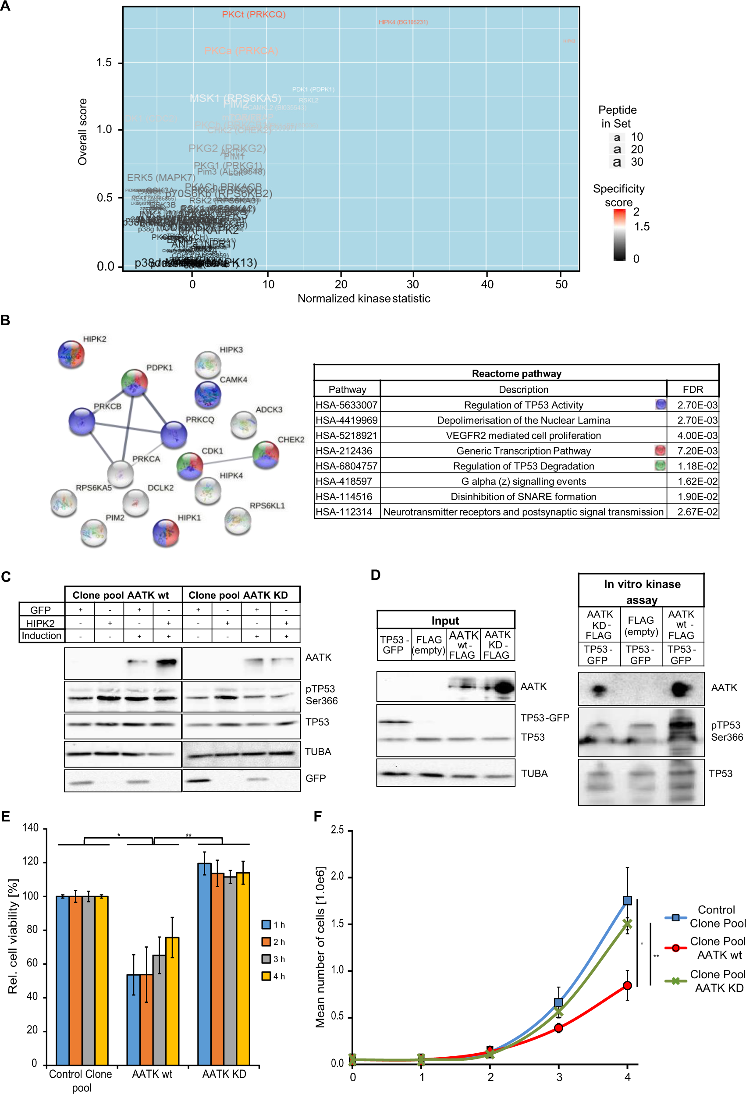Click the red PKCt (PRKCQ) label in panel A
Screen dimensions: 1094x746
point(254,14)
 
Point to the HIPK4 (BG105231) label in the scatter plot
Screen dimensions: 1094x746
point(403,22)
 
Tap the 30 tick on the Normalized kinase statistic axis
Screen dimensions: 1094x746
point(413,284)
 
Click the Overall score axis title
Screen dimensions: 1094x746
point(83,132)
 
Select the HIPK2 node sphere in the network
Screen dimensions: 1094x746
point(71,354)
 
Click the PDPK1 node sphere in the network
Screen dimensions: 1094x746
point(134,382)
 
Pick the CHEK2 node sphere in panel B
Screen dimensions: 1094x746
point(266,455)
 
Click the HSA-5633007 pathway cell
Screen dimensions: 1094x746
point(347,405)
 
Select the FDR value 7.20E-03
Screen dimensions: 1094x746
point(696,451)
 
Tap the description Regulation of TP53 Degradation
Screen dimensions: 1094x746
point(523,466)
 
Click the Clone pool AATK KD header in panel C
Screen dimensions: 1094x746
point(238,595)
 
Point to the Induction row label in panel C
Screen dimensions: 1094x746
point(41,636)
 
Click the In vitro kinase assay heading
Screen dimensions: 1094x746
point(642,591)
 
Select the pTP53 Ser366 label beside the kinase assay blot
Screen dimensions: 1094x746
point(726,731)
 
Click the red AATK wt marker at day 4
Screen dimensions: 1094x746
point(627,985)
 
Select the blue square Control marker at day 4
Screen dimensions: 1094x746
point(627,901)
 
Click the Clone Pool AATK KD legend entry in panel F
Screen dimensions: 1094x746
point(717,981)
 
